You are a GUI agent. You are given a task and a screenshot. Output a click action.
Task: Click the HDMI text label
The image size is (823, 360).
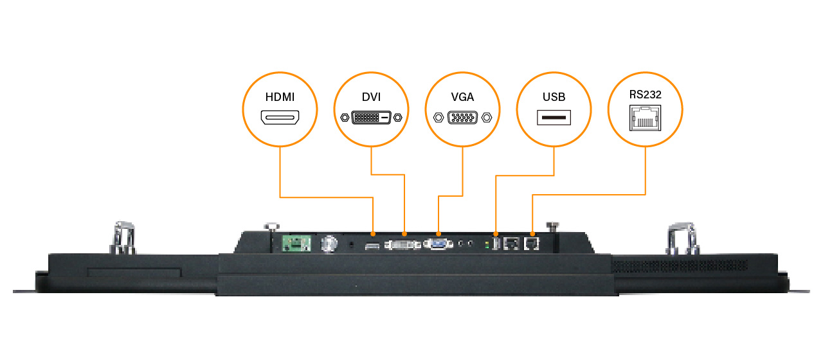(280, 98)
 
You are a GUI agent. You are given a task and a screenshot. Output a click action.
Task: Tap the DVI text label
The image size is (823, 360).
(371, 98)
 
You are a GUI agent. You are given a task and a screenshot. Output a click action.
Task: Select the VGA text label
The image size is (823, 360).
(462, 98)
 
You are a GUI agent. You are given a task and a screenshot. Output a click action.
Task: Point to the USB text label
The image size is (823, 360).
(554, 98)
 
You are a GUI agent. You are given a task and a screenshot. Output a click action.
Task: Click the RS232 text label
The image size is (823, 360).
(645, 94)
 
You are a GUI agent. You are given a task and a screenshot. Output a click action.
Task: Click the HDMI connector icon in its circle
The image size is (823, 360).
(280, 118)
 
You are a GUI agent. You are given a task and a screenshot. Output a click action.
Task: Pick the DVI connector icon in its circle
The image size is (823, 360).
(371, 118)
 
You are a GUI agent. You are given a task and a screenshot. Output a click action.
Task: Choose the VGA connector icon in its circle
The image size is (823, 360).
(462, 118)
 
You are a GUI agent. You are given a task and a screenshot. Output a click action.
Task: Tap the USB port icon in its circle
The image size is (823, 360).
(554, 118)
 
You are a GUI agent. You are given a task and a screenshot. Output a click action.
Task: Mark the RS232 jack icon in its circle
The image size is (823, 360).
(645, 118)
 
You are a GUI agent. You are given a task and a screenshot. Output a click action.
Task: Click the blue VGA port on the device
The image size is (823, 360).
(438, 244)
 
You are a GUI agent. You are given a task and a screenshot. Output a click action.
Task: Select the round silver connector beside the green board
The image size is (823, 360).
(329, 244)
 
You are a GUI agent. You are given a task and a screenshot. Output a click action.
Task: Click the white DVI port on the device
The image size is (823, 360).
(403, 245)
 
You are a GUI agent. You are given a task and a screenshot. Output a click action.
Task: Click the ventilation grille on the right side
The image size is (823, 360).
(682, 264)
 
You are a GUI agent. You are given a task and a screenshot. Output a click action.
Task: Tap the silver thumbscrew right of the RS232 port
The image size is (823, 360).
(551, 227)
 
